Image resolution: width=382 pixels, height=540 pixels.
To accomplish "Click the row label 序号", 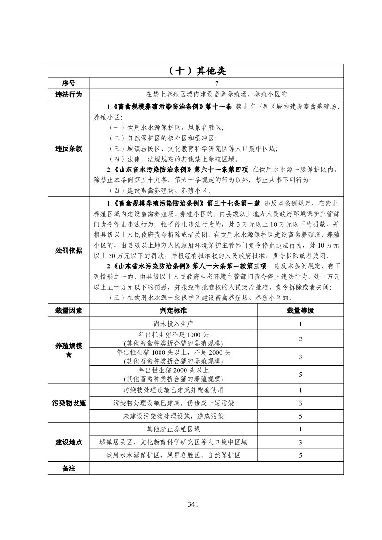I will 69,83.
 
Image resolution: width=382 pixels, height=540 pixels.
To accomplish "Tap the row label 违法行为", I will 69,94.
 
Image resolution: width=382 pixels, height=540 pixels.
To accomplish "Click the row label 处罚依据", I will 69,250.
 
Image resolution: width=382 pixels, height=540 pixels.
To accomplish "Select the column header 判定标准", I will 173,310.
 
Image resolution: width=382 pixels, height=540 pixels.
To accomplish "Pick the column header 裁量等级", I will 300,310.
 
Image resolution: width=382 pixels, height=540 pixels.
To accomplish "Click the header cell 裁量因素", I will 69,310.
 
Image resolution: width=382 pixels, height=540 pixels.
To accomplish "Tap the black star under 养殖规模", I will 69,354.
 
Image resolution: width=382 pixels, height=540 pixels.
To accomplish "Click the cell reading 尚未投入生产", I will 173,323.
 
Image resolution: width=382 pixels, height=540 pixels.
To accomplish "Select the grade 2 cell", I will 300,339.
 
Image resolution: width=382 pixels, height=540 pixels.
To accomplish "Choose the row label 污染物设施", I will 69,403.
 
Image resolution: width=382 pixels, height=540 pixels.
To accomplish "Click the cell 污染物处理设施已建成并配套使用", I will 173,390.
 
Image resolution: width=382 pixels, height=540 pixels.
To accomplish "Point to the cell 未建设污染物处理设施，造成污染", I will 173,416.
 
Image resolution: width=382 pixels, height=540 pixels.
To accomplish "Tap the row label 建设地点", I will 69,442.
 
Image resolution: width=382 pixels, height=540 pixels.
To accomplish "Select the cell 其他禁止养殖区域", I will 173,429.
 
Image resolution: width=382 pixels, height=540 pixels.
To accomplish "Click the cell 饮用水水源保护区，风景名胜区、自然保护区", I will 173,455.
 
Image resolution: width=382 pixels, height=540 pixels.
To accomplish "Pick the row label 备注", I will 69,468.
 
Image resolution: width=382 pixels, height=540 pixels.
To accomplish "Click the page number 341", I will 193,504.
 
